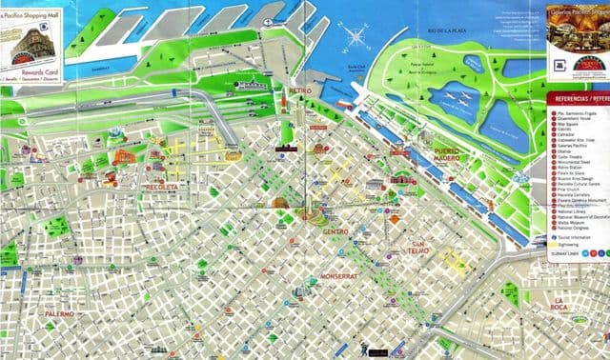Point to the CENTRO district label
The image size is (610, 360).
tap(335, 231)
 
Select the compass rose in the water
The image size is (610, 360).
tap(358, 38)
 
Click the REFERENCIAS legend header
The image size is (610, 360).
tap(581, 98)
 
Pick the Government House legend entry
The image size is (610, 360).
tap(576, 119)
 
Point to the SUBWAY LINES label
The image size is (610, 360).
tap(563, 253)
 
